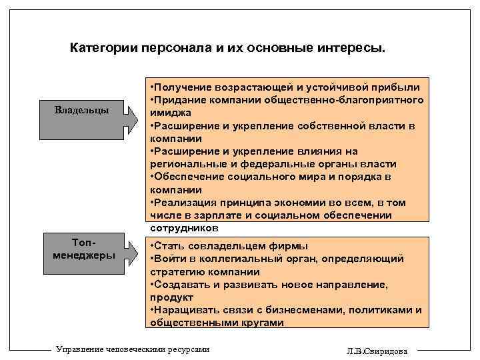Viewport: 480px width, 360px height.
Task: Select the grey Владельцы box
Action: point(82,109)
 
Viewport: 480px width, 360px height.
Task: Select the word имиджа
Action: point(172,113)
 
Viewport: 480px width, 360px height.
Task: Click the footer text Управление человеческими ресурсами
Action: point(134,348)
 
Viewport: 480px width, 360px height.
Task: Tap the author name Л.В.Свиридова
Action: point(379,351)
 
